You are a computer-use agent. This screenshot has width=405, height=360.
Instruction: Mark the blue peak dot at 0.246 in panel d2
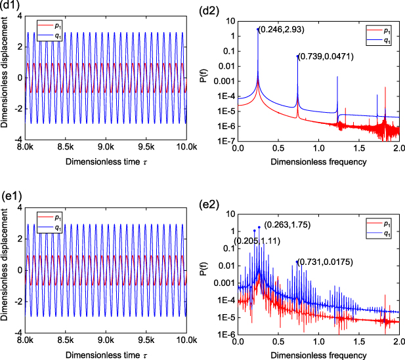(x=257, y=29)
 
